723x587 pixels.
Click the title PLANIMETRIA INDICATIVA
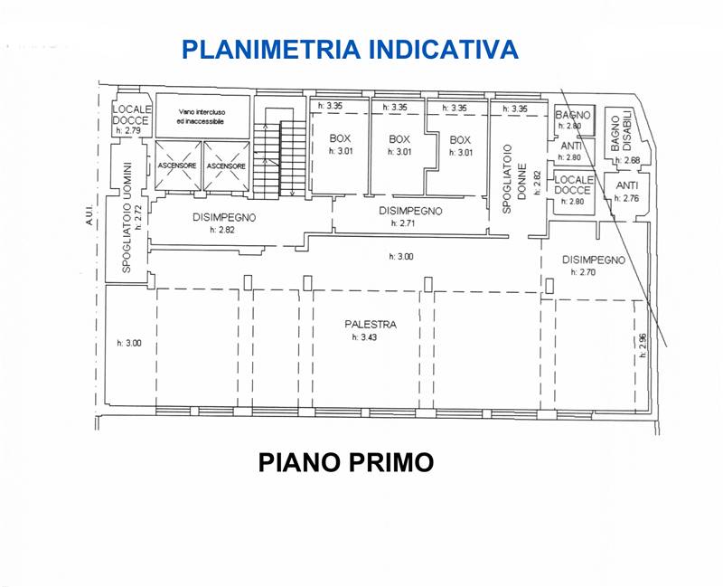coord(351,50)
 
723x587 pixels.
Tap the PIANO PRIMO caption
coord(346,462)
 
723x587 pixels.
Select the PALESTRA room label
coord(371,325)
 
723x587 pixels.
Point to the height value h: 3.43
coord(364,337)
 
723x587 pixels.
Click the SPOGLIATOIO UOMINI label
coord(127,216)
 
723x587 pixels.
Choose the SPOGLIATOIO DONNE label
coord(513,179)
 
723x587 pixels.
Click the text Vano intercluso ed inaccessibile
coord(202,117)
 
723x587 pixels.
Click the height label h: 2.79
coord(128,130)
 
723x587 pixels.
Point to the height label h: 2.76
coord(627,198)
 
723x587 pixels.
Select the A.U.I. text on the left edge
coord(89,215)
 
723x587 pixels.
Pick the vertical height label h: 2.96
coord(643,346)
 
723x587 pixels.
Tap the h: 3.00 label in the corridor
coord(401,257)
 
